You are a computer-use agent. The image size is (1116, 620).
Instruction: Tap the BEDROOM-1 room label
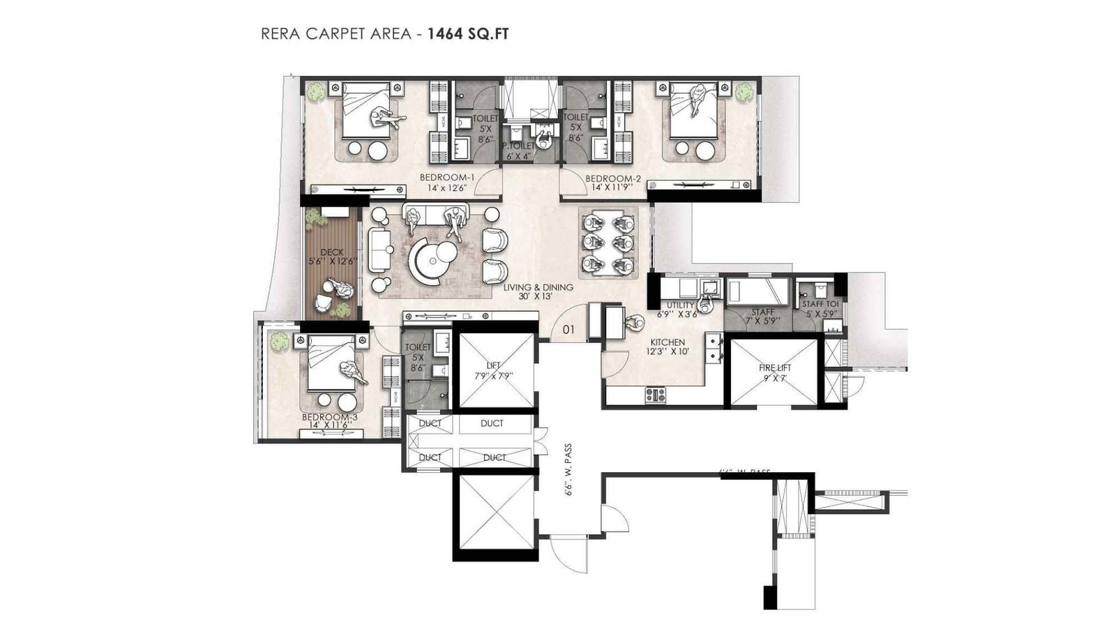tap(446, 178)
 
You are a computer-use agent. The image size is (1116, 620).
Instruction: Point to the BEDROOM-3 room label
tap(329, 417)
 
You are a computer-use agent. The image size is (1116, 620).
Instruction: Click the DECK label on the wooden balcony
tap(332, 252)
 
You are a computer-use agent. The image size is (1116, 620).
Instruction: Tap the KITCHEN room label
tap(668, 342)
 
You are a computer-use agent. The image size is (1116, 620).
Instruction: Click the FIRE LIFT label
tap(775, 368)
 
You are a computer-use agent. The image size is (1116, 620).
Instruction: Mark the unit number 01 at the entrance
tap(568, 329)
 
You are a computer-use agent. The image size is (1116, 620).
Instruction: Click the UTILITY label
tap(680, 305)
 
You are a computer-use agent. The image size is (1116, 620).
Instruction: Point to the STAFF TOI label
tap(819, 305)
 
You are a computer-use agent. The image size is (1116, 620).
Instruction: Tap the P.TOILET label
tap(518, 146)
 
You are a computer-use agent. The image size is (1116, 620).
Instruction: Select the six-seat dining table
tap(607, 242)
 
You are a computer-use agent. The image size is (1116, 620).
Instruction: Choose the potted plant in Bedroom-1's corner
tap(317, 91)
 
